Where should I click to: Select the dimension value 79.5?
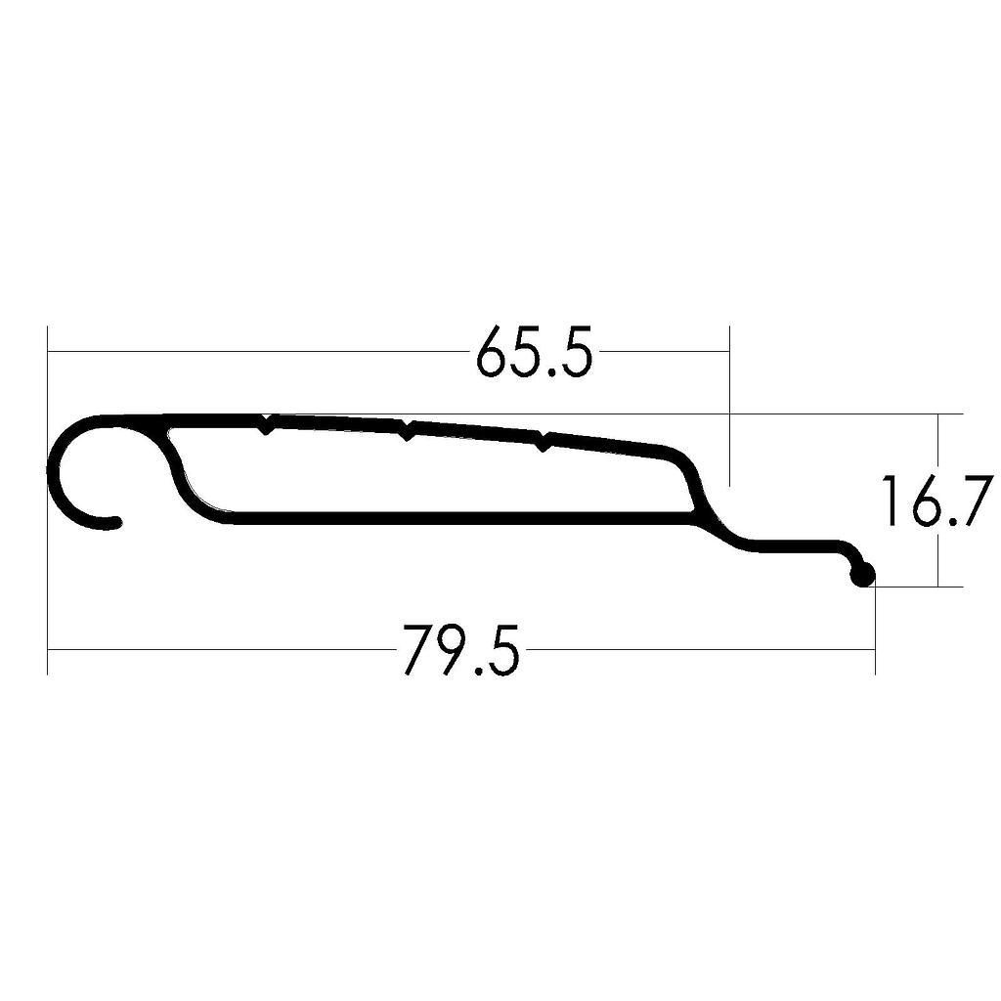[460, 650]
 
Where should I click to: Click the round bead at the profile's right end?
[862, 576]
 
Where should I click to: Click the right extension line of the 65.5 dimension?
[729, 411]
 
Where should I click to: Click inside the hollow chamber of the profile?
[430, 474]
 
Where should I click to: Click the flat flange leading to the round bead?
[792, 546]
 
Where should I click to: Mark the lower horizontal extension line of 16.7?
[919, 587]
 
